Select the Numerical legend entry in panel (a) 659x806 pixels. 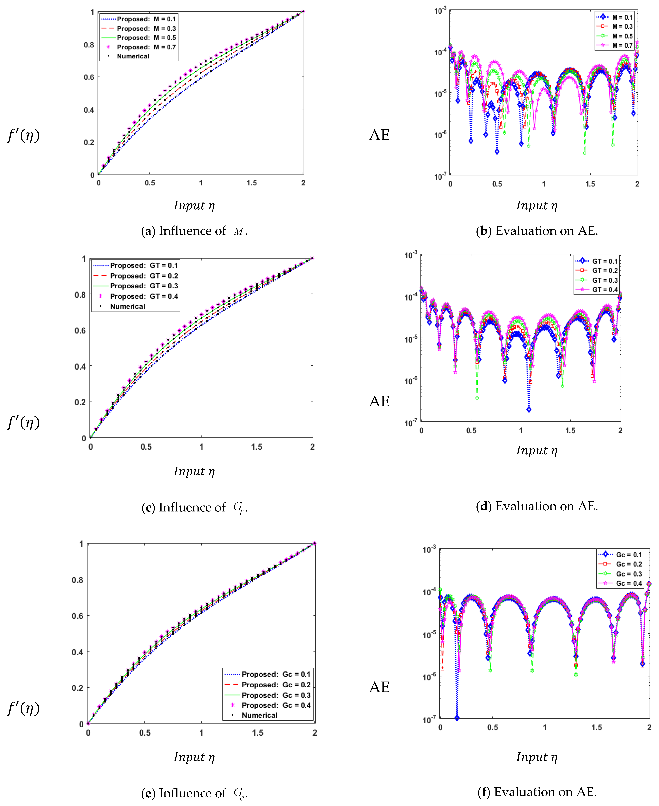point(133,56)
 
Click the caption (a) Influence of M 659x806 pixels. point(194,231)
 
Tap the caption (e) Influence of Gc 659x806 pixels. point(194,793)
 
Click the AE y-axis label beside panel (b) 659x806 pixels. point(379,135)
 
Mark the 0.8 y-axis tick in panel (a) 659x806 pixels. point(89,45)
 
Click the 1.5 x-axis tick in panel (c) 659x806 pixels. point(257,447)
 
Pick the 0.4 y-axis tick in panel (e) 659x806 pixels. point(77,652)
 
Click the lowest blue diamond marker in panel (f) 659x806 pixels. point(457,718)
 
